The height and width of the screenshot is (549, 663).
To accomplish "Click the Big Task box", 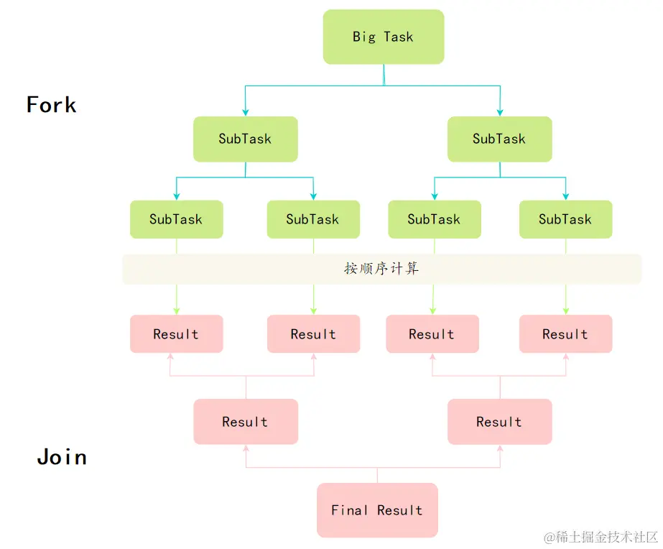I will tap(384, 37).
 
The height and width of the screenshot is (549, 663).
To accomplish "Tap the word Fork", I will tap(51, 105).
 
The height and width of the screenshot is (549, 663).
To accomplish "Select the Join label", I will tap(62, 457).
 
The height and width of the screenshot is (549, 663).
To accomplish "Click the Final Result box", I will tap(377, 510).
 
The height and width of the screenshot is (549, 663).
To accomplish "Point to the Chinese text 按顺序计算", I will tap(381, 269).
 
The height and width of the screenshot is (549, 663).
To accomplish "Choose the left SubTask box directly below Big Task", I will tap(245, 139).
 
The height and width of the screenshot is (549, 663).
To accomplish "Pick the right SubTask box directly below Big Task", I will tap(499, 139).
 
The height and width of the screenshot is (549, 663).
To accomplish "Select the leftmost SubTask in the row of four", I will tap(176, 219).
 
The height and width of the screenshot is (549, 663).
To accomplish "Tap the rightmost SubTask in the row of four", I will tap(565, 219).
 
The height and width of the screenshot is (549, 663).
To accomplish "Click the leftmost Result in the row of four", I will tap(176, 334).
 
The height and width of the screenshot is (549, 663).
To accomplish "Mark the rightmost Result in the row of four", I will tap(565, 334).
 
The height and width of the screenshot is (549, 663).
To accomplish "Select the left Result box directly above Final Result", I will tap(245, 422).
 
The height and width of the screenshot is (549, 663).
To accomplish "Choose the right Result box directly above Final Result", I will tap(499, 422).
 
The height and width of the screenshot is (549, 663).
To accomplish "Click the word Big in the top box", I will tap(364, 37).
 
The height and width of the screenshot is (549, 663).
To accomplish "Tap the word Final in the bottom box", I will tap(349, 510).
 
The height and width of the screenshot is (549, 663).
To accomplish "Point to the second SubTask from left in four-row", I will tap(312, 219).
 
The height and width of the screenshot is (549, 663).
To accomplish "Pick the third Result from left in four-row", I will tap(432, 334).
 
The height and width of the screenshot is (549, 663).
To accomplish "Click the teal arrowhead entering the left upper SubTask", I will tap(246, 112).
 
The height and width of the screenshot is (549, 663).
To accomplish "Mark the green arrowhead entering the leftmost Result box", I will tap(177, 310).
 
